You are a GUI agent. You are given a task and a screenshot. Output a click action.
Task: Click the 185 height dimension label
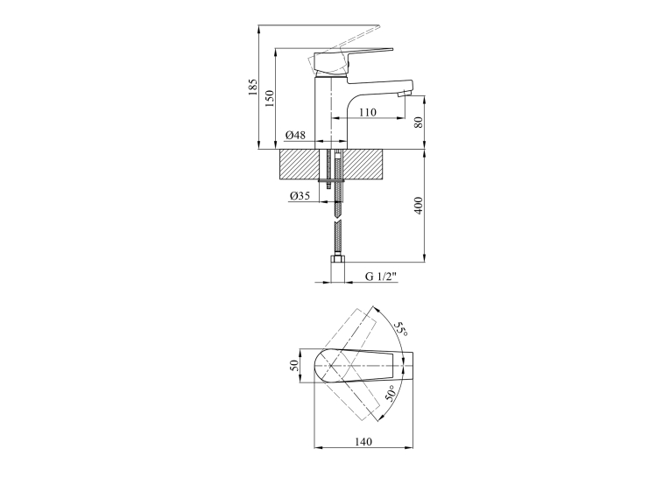pos(254,88)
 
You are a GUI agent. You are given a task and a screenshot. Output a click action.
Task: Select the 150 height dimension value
pos(270,99)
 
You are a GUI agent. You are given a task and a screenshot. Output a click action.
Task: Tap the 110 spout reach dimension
pos(368,112)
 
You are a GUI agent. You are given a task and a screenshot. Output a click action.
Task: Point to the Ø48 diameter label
pos(295,135)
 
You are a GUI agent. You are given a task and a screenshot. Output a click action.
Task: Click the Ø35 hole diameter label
pos(300,196)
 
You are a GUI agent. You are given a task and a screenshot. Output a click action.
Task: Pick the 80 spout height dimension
pos(419,123)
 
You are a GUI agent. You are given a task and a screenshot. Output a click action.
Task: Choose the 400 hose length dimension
pos(419,206)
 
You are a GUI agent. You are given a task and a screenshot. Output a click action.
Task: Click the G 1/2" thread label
pos(381,277)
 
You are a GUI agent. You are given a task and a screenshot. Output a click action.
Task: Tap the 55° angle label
pos(400,329)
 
